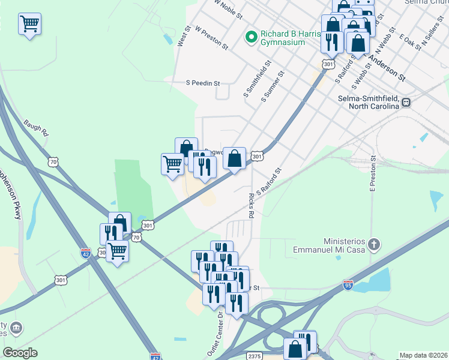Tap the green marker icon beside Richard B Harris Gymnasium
click(252, 38)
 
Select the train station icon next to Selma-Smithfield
click(406, 102)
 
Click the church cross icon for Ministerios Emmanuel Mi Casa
click(374, 244)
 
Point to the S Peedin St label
click(203, 83)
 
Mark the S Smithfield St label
click(258, 78)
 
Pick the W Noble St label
click(228, 8)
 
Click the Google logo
click(20, 353)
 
